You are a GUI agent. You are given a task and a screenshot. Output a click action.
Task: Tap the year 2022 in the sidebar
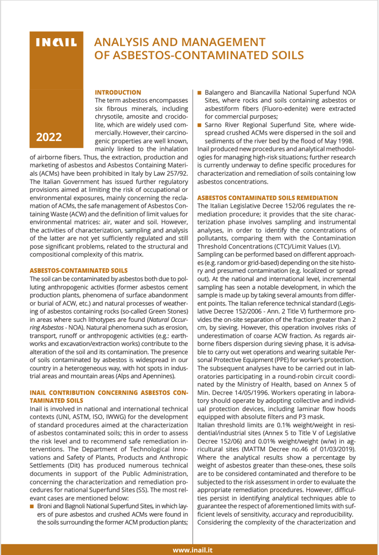(x=49, y=136)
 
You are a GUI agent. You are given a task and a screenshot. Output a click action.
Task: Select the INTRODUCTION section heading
(x=118, y=92)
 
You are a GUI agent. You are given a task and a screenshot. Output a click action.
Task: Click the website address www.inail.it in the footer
(x=192, y=549)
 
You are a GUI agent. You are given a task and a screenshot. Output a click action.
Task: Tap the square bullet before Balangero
(x=200, y=93)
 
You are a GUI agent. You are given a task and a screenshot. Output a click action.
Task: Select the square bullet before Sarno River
(x=200, y=125)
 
